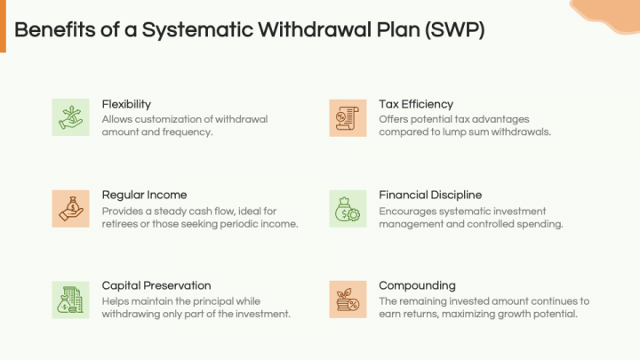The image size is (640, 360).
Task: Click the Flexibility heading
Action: [126, 103]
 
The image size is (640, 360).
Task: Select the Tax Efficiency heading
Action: [416, 103]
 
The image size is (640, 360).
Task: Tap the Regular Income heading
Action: [144, 195]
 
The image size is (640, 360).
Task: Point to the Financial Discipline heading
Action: [430, 195]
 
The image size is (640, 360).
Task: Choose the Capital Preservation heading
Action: [156, 285]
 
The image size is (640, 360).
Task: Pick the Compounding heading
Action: [417, 285]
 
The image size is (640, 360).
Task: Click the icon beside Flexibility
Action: [70, 117]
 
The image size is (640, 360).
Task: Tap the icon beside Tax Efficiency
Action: [348, 117]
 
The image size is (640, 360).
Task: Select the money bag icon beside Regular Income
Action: [70, 209]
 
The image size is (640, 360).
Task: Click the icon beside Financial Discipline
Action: [348, 209]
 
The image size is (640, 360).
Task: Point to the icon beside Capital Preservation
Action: [70, 300]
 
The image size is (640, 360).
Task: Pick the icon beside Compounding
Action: [348, 300]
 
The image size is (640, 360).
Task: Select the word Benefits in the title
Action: [52, 29]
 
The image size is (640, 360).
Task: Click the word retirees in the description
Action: [122, 224]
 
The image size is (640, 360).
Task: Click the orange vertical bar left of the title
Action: [3, 29]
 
